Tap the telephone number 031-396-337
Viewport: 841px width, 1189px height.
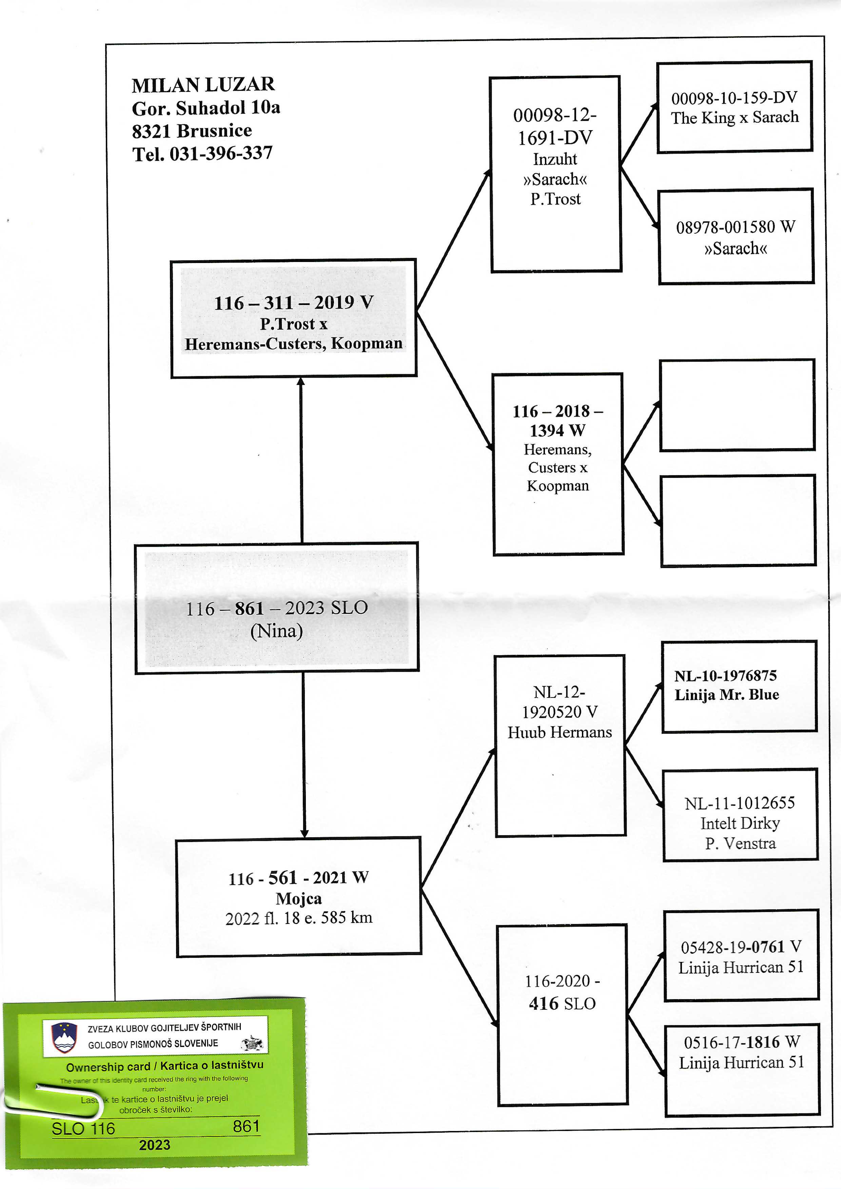tap(221, 153)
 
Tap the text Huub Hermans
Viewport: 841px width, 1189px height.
tap(560, 732)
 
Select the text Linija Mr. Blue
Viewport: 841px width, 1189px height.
tap(726, 694)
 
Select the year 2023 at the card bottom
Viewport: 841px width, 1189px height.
tap(154, 1145)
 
